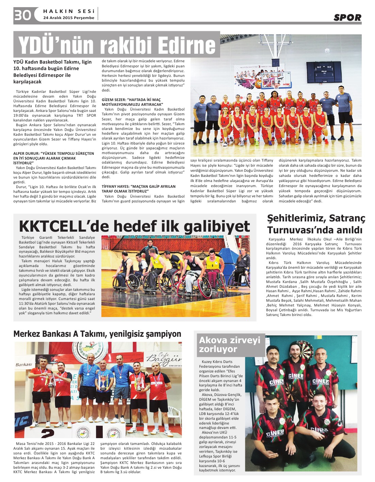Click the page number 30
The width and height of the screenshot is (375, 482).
(22, 15)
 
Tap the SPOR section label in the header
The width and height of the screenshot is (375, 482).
(347, 18)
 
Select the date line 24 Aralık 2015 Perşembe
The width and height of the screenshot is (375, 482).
(69, 18)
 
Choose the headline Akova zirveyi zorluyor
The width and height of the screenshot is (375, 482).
(230, 344)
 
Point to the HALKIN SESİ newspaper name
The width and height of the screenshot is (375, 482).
(69, 11)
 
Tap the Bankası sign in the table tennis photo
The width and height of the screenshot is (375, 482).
(24, 365)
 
